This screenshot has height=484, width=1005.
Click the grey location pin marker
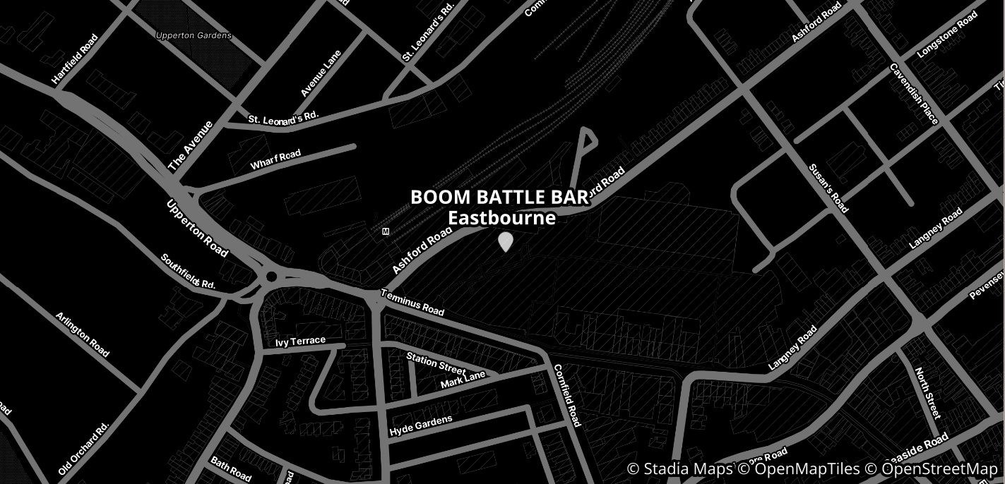505,241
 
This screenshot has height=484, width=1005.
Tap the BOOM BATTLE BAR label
500,198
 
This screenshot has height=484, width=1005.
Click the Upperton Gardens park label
194,35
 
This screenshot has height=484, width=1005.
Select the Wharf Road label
275,159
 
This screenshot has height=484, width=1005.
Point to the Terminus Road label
412,302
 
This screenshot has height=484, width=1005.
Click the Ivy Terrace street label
301,341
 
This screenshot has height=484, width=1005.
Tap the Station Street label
436,363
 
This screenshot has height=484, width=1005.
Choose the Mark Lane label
463,380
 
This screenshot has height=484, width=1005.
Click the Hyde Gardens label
420,425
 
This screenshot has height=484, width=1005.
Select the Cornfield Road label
566,395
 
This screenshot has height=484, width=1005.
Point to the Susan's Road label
828,188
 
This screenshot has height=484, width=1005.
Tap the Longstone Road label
947,40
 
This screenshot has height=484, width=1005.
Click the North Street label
927,392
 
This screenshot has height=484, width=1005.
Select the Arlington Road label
83,334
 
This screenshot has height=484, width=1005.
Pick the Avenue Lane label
321,73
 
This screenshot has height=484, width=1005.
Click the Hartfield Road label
75,59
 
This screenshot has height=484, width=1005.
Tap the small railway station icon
385,231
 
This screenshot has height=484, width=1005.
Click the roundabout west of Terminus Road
271,277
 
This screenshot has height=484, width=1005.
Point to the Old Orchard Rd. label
83,449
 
